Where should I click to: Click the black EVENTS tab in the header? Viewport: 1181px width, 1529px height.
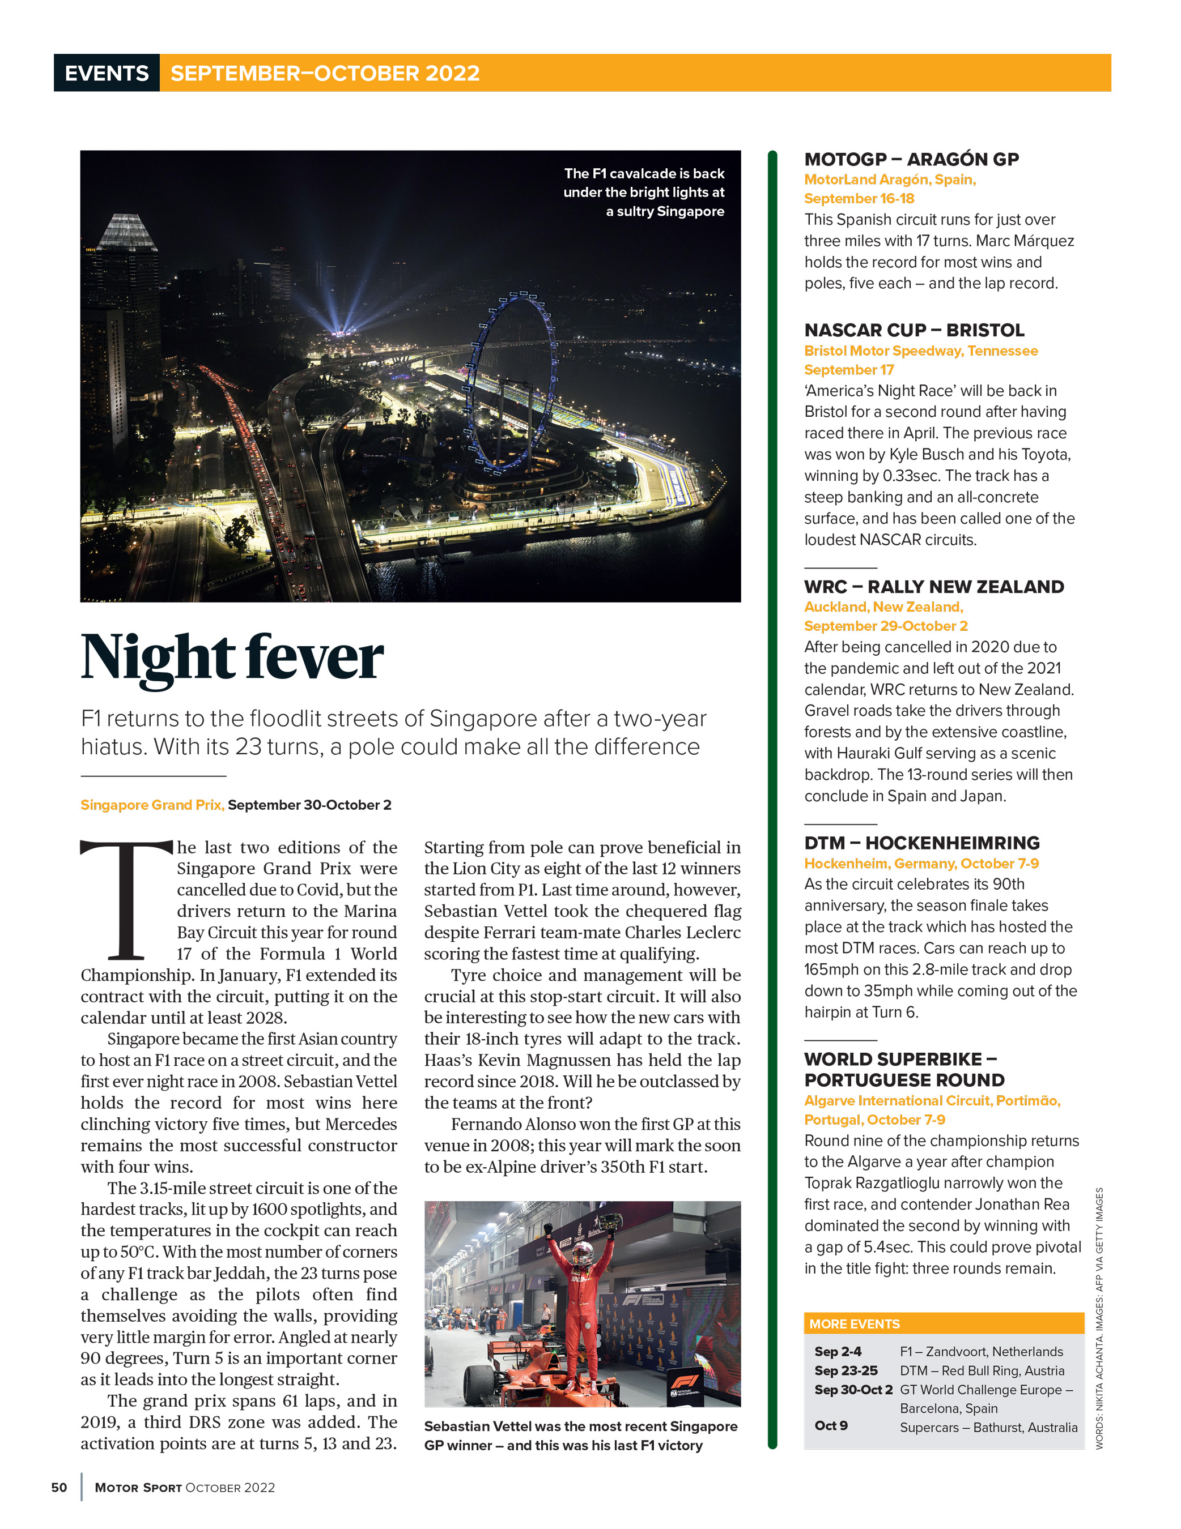click(107, 73)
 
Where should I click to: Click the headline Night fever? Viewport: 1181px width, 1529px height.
click(232, 657)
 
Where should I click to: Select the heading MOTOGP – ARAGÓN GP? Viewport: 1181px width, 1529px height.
click(911, 160)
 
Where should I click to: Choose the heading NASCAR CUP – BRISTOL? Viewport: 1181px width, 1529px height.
click(914, 331)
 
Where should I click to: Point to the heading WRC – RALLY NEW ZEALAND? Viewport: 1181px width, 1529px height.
click(933, 587)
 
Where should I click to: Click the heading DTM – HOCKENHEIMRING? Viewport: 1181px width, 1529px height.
click(921, 843)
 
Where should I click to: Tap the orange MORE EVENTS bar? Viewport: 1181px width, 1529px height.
click(943, 1324)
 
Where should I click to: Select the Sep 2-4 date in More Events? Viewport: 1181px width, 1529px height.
click(838, 1352)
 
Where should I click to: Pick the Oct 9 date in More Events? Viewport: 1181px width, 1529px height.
click(831, 1425)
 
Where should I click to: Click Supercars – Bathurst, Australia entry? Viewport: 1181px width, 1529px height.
click(988, 1428)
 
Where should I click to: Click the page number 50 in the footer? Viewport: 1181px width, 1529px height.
click(60, 1488)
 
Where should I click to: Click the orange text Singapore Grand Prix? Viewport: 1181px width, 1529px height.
click(152, 805)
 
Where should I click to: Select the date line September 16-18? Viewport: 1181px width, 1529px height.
click(859, 199)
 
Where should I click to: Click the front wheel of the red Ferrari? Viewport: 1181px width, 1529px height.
click(481, 1384)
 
